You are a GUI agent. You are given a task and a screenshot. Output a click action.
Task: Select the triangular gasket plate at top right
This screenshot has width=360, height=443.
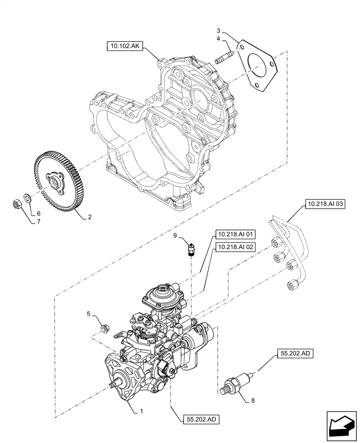[257, 65]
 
